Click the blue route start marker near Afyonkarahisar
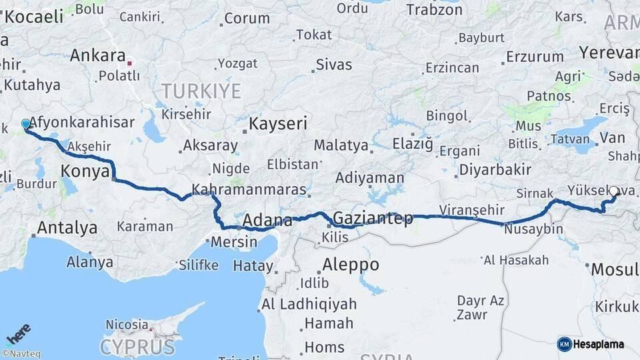tap(26, 124)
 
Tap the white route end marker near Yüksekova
tap(613, 191)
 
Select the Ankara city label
tap(97, 55)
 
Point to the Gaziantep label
tap(373, 218)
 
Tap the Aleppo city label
tap(350, 265)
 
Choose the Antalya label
tap(67, 228)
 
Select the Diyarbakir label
tap(495, 169)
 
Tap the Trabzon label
tap(434, 9)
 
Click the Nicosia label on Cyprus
tap(127, 325)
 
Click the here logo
tap(19, 333)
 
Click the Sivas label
tap(333, 65)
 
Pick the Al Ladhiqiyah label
tap(308, 305)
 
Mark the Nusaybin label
tap(533, 229)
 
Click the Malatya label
tap(341, 145)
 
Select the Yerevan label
tap(609, 52)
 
